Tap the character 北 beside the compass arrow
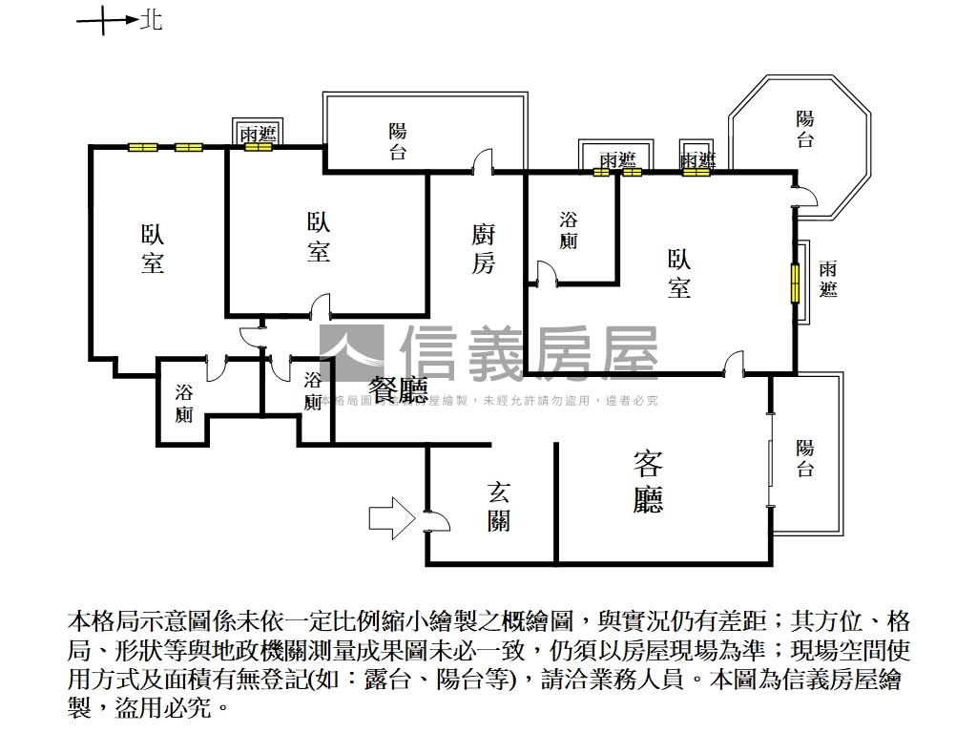pos(152,20)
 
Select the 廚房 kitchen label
pos(484,250)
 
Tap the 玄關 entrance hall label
pos(498,506)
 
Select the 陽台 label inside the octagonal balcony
pos(806,130)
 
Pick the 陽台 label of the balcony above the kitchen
pos(398,141)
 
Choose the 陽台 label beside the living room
pos(805,457)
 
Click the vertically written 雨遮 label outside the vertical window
pos(828,279)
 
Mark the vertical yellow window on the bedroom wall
pos(794,283)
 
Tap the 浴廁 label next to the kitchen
pos(569,230)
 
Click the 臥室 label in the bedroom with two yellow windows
pos(153,249)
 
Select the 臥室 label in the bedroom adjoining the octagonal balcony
pos(679,274)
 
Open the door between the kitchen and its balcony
pos(485,162)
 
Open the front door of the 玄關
pos(433,520)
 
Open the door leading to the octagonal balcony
pos(803,196)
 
